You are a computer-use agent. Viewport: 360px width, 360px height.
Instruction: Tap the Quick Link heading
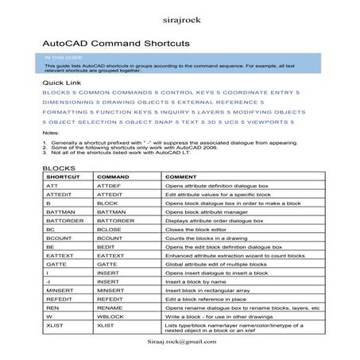(x=62, y=83)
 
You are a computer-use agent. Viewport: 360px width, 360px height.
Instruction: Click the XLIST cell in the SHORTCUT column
(x=56, y=325)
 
